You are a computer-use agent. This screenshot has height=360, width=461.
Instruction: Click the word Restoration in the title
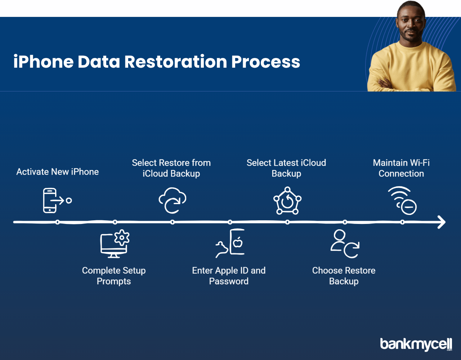pos(176,62)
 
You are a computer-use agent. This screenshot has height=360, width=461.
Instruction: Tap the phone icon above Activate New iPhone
pos(50,201)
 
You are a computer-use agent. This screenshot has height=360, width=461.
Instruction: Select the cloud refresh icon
pos(172,200)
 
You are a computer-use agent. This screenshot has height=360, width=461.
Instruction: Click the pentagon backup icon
pos(287,201)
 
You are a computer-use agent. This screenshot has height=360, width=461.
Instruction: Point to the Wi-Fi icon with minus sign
pos(402,201)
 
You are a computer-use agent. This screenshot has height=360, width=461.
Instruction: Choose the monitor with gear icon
pos(115,244)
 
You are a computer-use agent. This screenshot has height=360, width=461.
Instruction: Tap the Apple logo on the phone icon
pos(238,242)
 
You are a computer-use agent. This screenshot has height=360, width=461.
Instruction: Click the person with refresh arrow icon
pos(345,244)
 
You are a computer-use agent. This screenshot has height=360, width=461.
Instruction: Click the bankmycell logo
pos(416,344)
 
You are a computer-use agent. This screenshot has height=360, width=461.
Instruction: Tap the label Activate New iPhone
pos(58,172)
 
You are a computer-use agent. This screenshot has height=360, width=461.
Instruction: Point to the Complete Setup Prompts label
pos(114,276)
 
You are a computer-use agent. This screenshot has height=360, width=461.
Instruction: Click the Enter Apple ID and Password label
pos(229,276)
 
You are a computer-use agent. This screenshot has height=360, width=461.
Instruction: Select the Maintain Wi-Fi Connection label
pos(401,168)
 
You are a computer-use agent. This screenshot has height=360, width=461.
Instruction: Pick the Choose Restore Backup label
pos(344,276)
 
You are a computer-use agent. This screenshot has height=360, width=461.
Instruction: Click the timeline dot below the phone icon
pos(58,222)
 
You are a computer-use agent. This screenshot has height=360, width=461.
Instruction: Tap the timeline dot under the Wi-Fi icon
pos(402,222)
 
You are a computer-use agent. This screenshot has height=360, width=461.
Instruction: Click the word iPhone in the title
pos(44,62)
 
